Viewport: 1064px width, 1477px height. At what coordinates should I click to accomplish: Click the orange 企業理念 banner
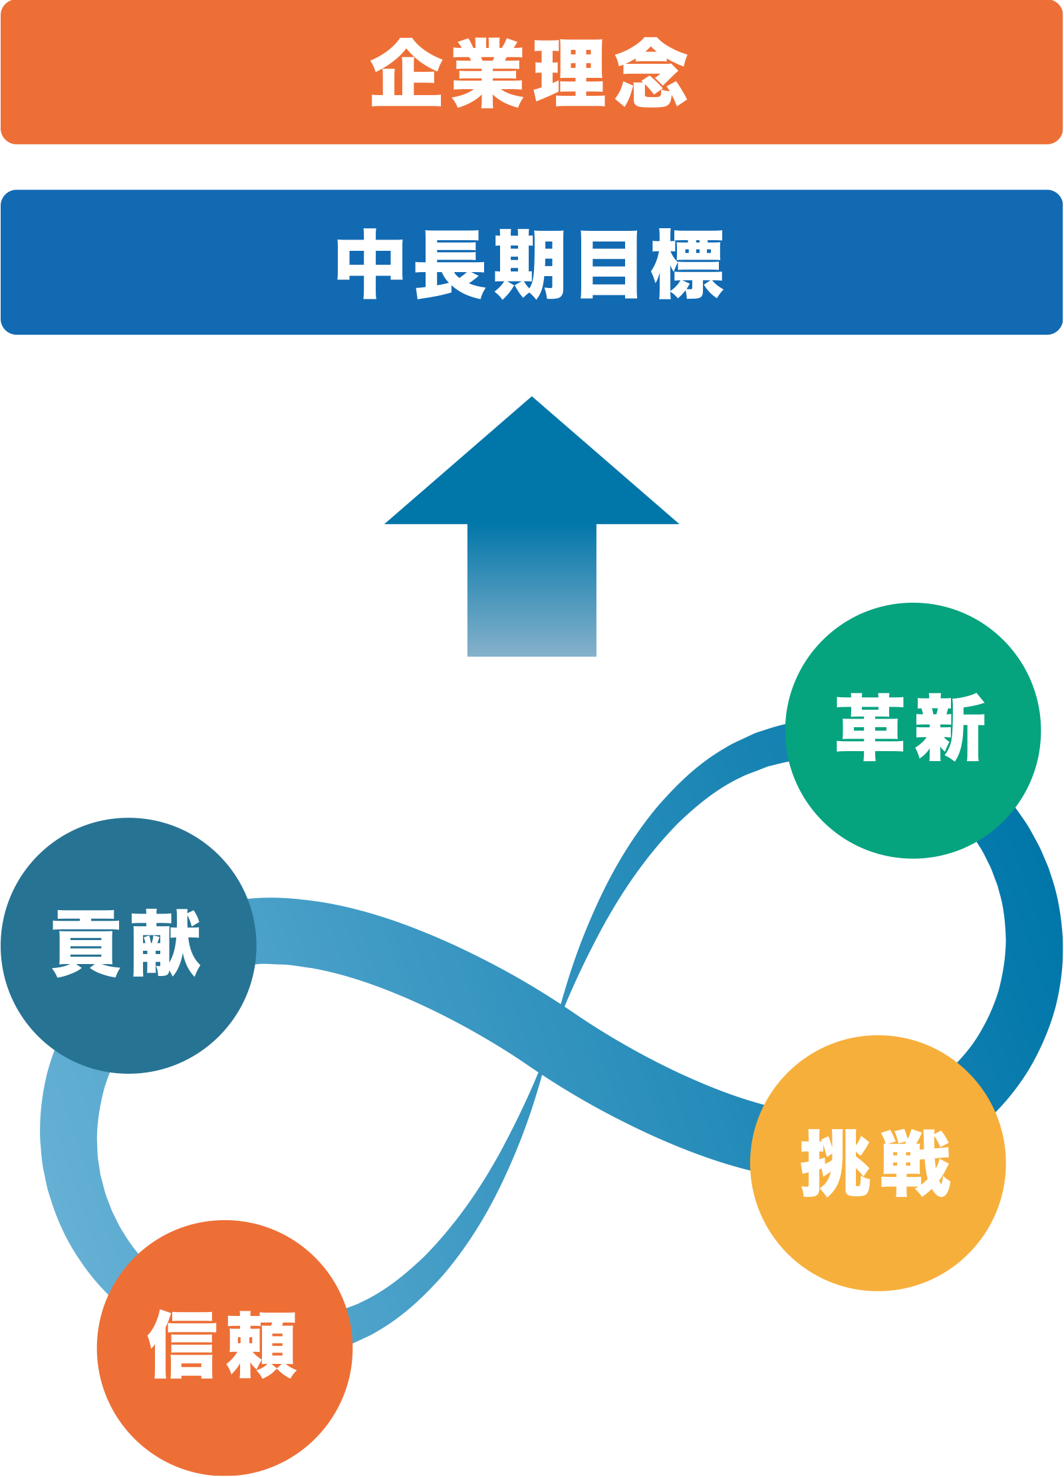[x=199, y=72]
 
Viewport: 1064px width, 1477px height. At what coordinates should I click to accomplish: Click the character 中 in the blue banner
[x=370, y=263]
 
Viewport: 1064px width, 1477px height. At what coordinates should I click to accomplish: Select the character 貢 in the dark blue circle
[x=86, y=943]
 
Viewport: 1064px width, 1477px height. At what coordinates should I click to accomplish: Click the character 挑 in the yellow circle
[x=835, y=1164]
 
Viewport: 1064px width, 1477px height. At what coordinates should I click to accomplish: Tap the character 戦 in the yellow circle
[x=915, y=1164]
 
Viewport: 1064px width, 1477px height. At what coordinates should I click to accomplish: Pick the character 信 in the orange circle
[x=182, y=1345]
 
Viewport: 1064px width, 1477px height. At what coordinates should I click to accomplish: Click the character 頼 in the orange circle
[x=262, y=1345]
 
